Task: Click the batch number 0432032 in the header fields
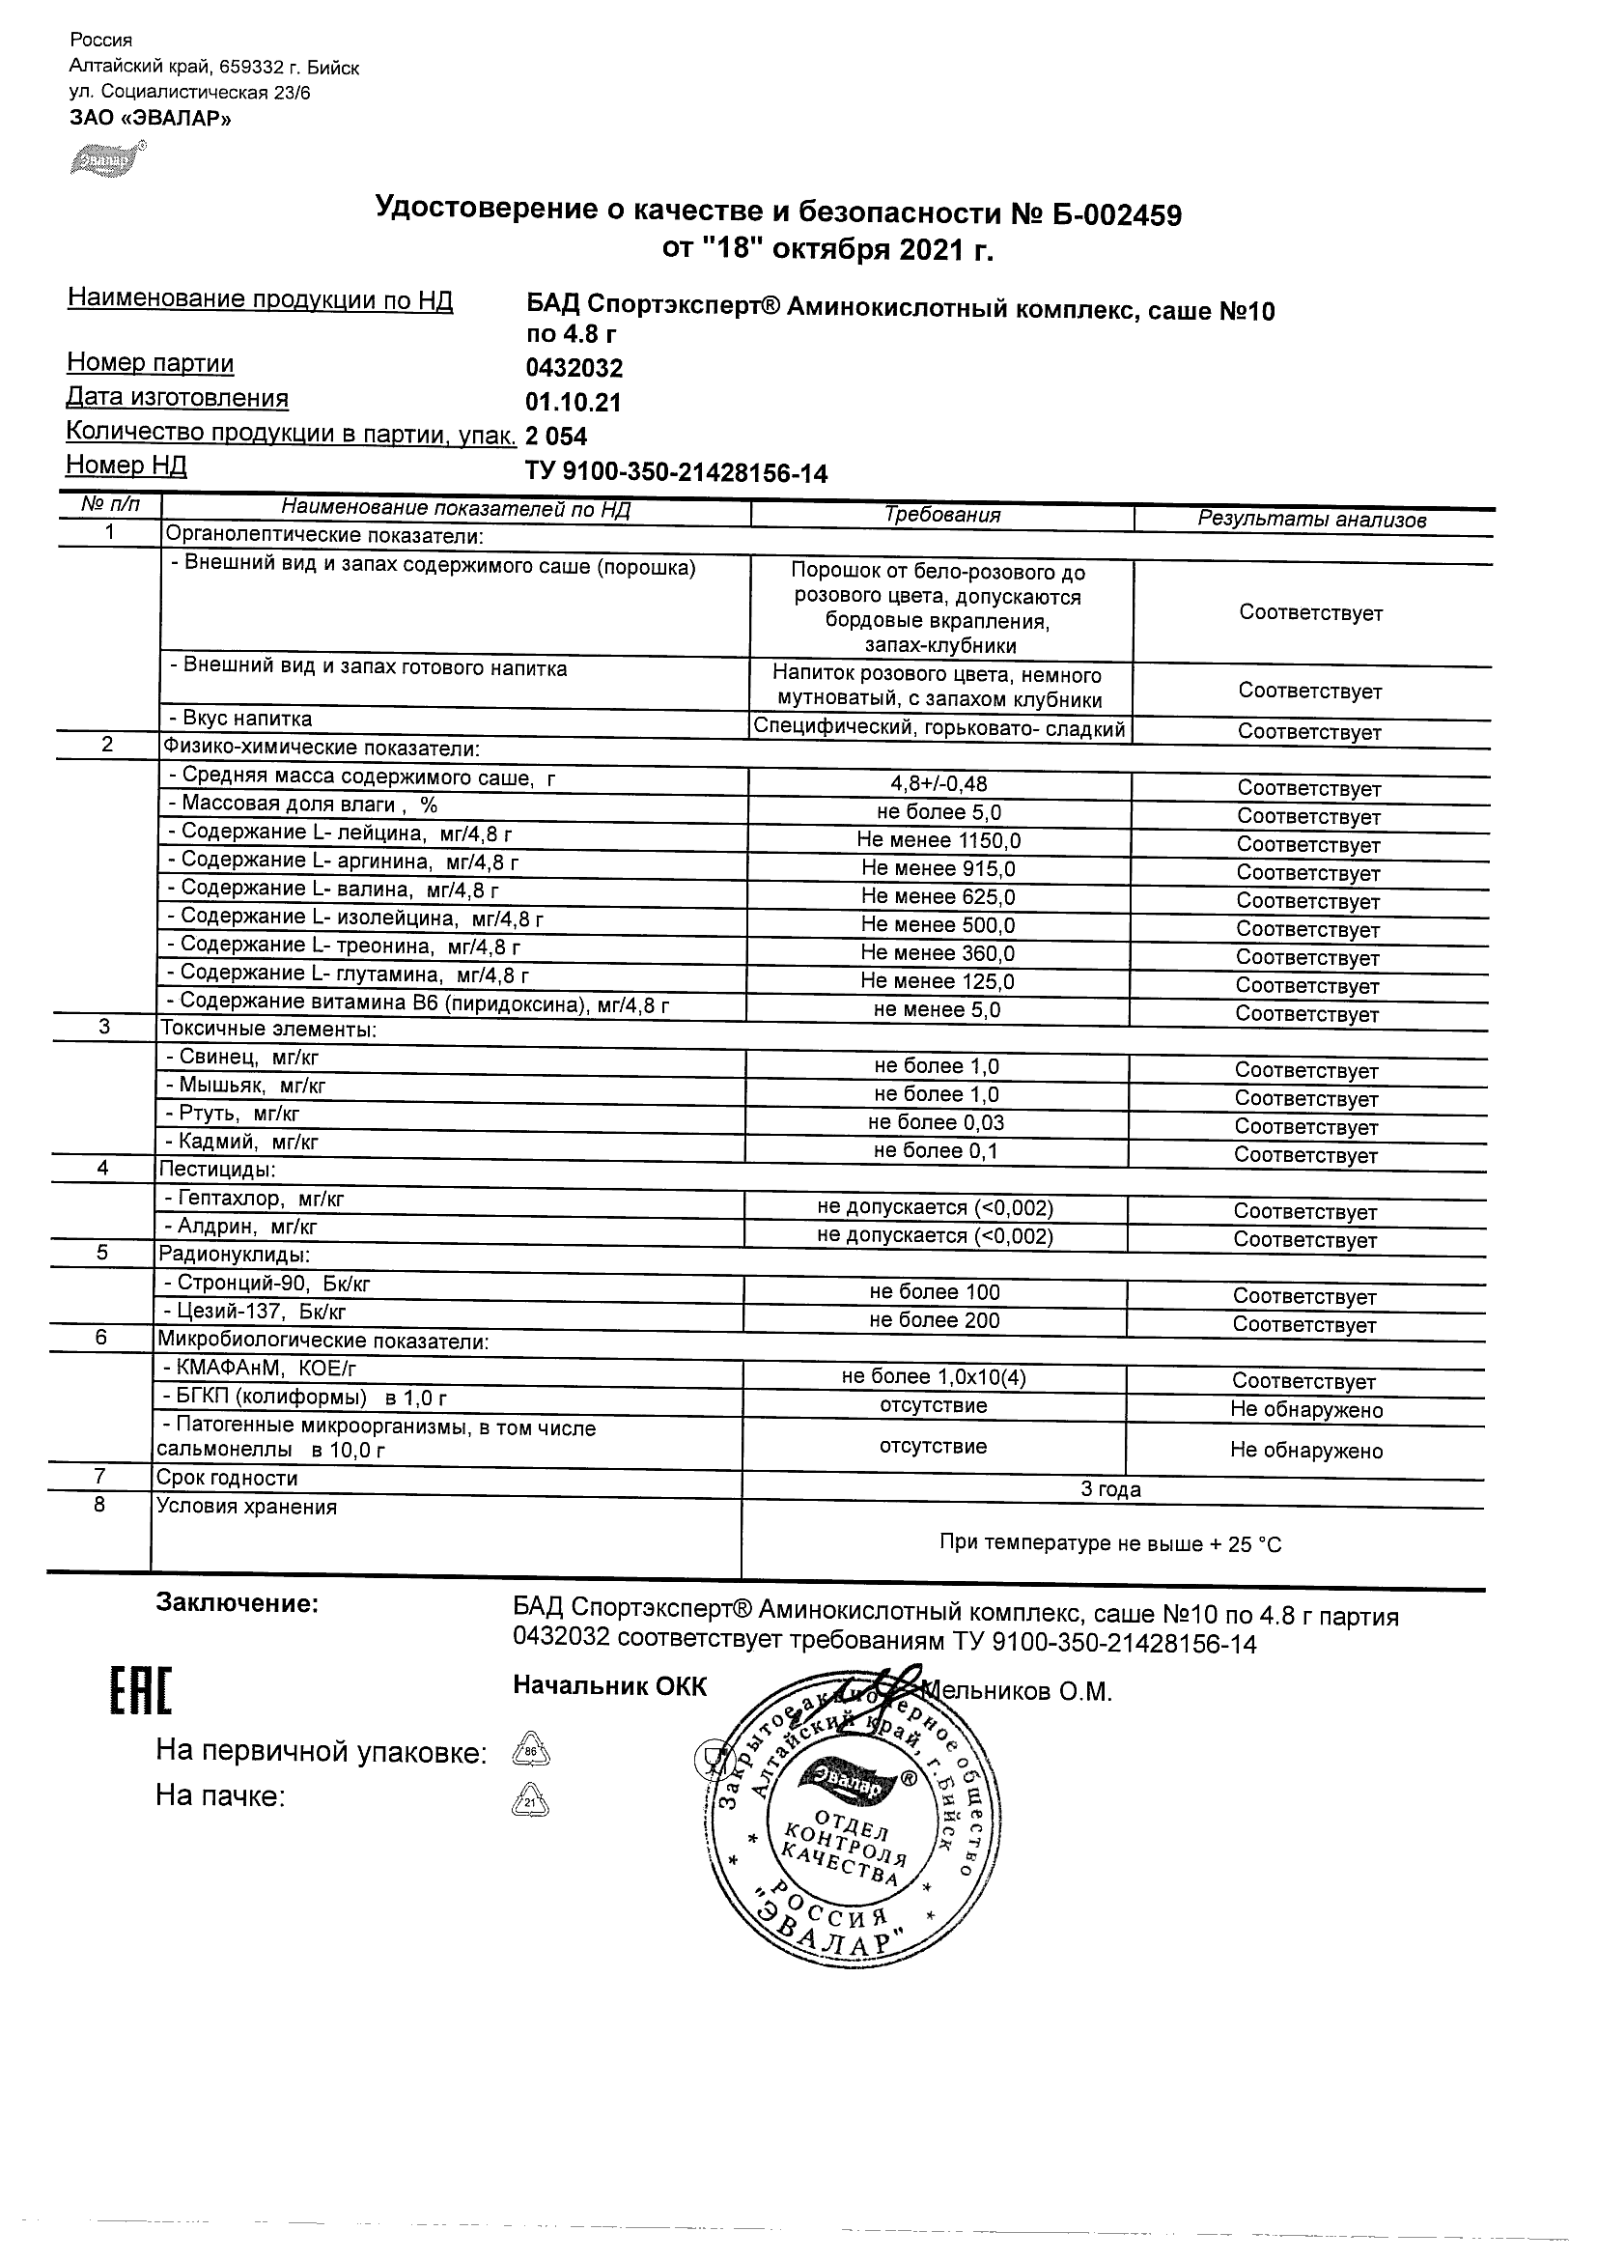pyautogui.click(x=574, y=368)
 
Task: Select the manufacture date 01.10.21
pyautogui.click(x=574, y=403)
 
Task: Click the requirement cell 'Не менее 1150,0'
pyautogui.click(x=939, y=840)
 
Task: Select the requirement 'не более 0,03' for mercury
pyautogui.click(x=936, y=1122)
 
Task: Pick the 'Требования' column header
pyautogui.click(x=941, y=515)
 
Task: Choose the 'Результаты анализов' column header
pyautogui.click(x=1311, y=520)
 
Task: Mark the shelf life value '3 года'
pyautogui.click(x=1111, y=1489)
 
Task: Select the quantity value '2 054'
pyautogui.click(x=557, y=438)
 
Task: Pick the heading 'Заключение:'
pyautogui.click(x=238, y=1603)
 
